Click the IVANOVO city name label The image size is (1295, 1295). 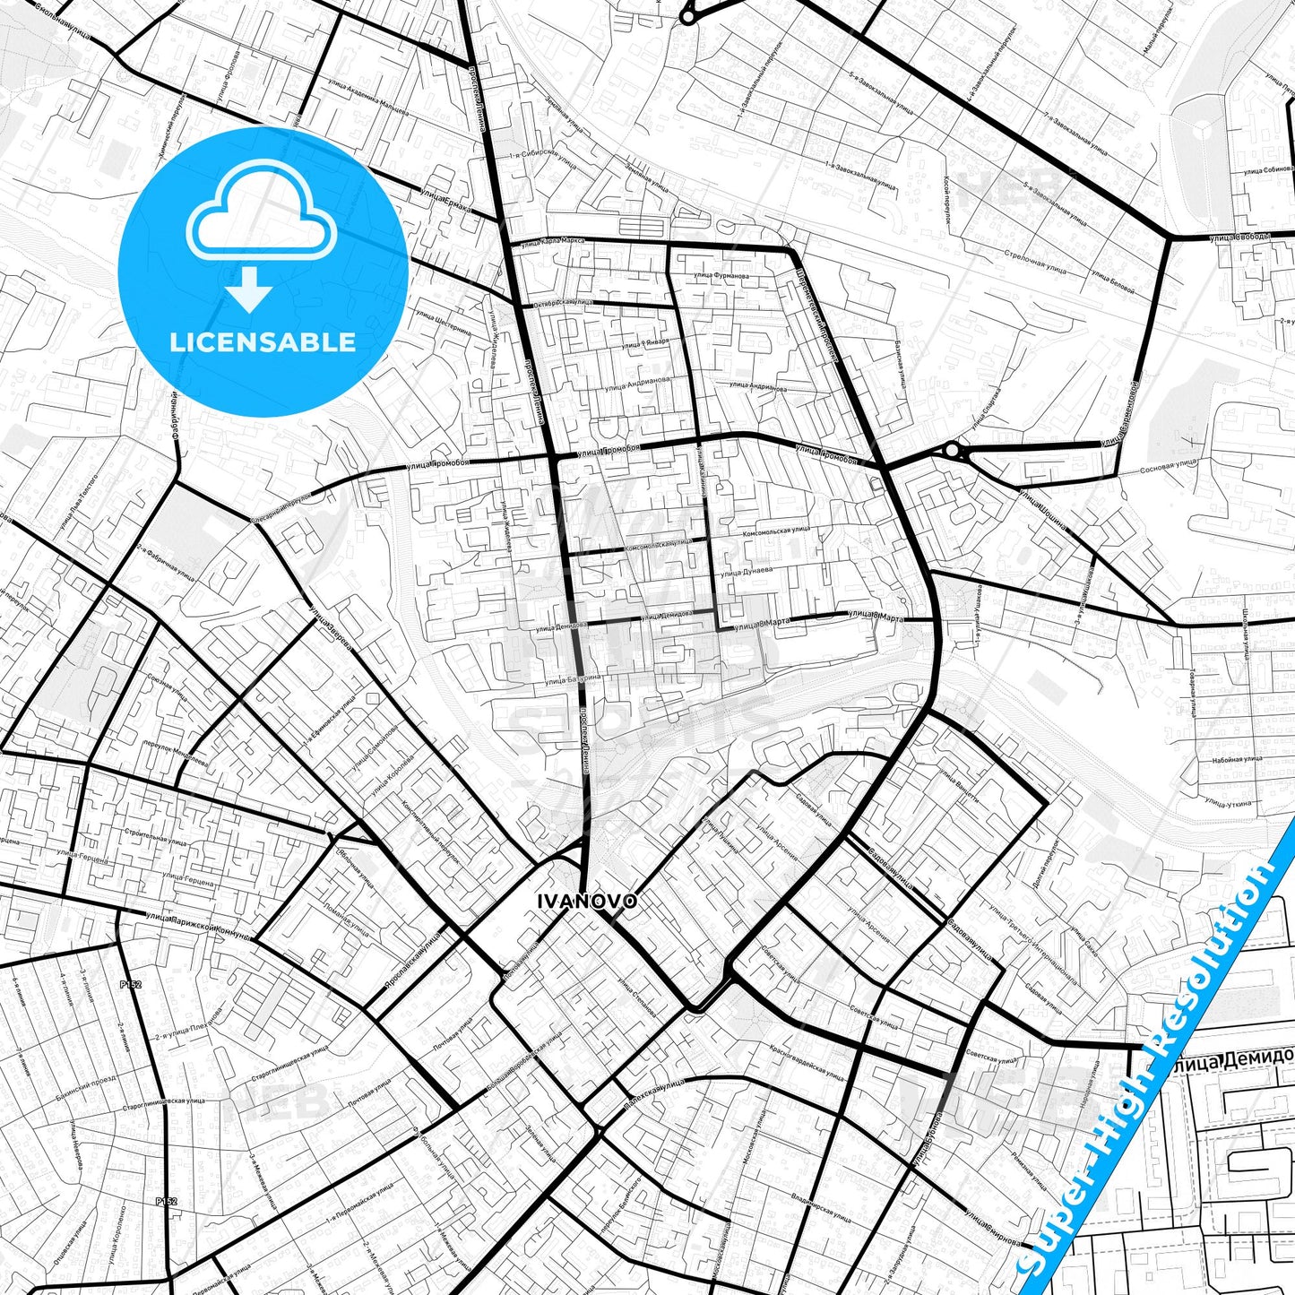(x=588, y=901)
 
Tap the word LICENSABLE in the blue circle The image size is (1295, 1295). (x=263, y=341)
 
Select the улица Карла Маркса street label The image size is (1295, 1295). (x=551, y=240)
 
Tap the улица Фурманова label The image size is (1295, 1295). (x=721, y=276)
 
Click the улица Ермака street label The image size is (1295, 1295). (x=445, y=198)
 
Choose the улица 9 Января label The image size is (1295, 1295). (x=643, y=344)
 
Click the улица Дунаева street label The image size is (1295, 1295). (x=745, y=572)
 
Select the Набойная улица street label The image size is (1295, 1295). (x=1238, y=758)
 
